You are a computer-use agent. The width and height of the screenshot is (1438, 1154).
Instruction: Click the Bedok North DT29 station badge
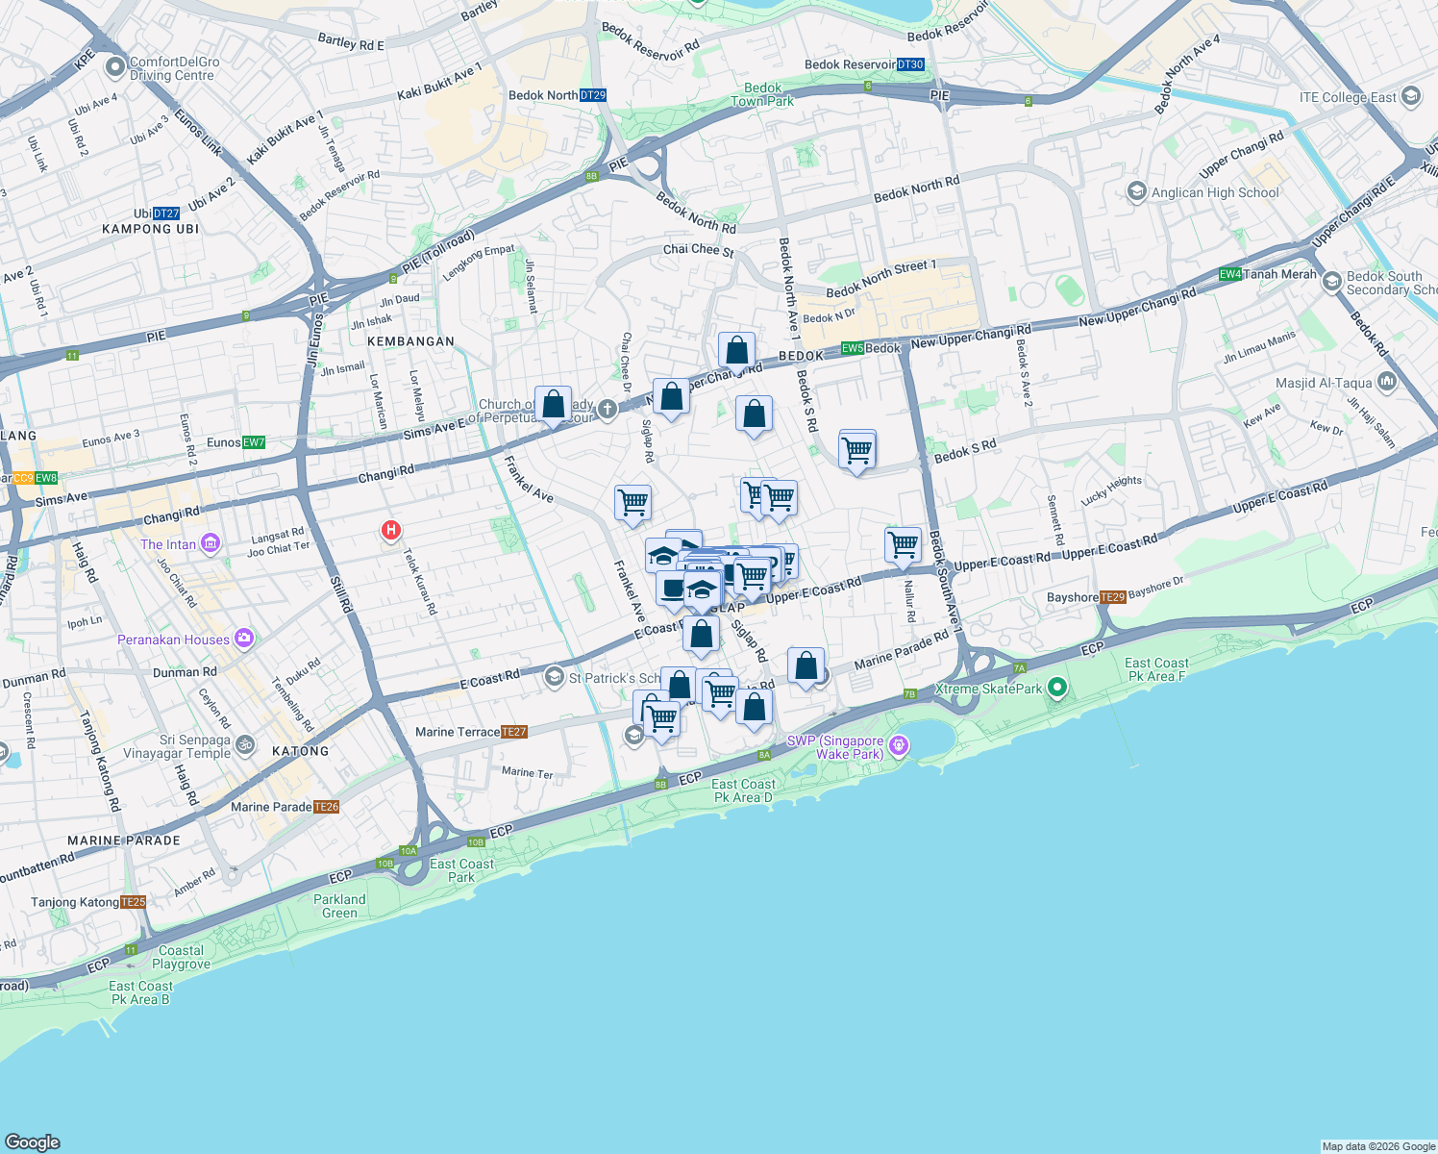(x=593, y=95)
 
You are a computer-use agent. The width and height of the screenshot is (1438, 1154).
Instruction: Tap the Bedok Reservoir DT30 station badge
(x=910, y=64)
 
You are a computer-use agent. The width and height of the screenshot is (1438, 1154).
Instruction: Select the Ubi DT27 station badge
(x=166, y=213)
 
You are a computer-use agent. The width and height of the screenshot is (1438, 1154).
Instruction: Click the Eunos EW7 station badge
(x=254, y=442)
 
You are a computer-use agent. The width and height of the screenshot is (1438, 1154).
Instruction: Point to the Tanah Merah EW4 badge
(x=1230, y=274)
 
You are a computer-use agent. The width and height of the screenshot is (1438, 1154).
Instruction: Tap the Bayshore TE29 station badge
(x=1112, y=597)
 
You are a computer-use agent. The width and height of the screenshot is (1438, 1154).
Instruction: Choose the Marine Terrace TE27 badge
(x=514, y=732)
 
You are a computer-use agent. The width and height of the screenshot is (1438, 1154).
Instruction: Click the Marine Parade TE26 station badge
(x=327, y=807)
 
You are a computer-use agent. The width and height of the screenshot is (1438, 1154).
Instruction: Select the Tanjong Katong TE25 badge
(x=134, y=902)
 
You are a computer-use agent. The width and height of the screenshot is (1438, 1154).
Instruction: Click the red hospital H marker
(x=390, y=529)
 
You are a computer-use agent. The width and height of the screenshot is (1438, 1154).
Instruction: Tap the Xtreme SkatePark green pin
(x=1057, y=687)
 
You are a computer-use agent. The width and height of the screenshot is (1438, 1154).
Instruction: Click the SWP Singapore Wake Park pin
(x=899, y=745)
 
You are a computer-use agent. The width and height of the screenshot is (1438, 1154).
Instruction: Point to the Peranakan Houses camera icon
(x=244, y=638)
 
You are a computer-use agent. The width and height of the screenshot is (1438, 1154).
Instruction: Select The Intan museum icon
(x=211, y=543)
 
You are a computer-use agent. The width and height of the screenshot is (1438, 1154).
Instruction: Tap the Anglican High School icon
(x=1137, y=191)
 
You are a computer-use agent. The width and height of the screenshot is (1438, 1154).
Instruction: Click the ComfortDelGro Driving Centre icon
(x=115, y=66)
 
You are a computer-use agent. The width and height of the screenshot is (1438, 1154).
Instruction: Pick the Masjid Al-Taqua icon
(x=1386, y=382)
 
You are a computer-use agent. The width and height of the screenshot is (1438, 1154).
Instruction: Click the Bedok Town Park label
(x=762, y=94)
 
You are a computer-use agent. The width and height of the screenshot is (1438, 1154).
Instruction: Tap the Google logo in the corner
(x=33, y=1141)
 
